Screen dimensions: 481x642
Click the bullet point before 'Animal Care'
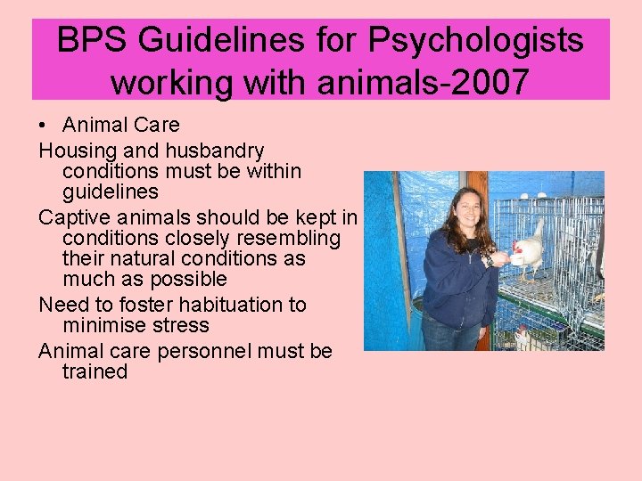pos(44,126)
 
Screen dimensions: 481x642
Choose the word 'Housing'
pos(75,149)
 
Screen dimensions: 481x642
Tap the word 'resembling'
pos(289,239)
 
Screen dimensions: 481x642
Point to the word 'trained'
pos(95,371)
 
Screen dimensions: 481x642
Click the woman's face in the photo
pos(466,211)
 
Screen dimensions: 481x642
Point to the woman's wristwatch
pos(488,261)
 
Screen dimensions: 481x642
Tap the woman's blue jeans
pos(449,337)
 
